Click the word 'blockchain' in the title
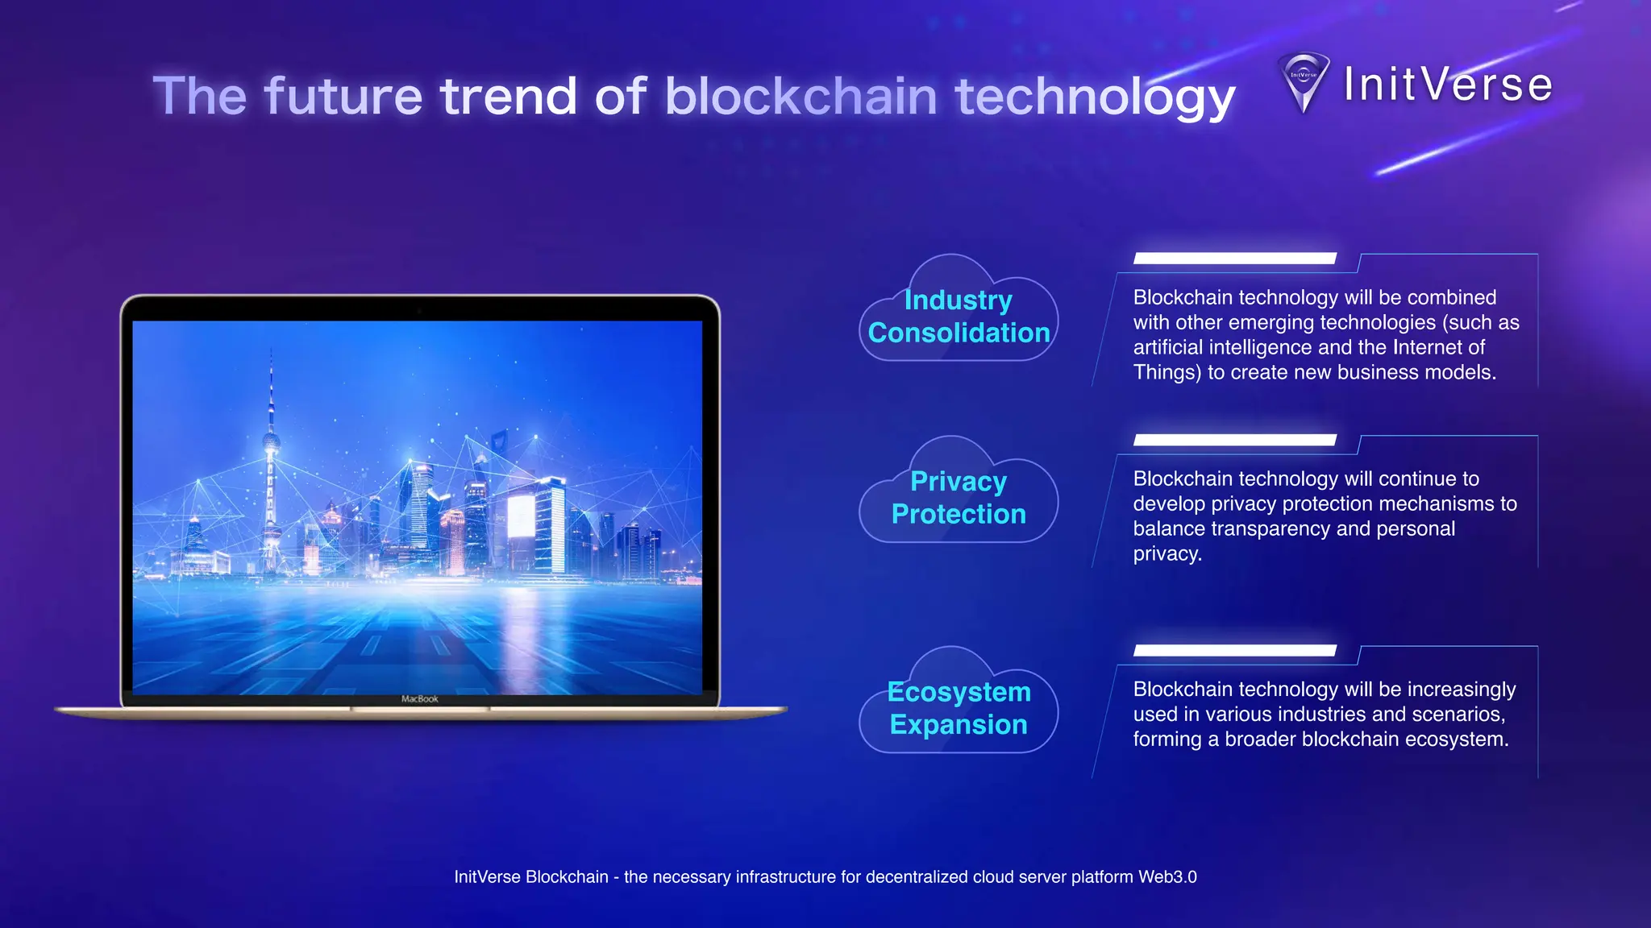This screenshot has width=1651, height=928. click(801, 96)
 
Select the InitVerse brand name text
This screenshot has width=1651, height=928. click(1448, 85)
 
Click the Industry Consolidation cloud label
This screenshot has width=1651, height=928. click(959, 317)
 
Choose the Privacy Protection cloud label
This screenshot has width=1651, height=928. click(959, 498)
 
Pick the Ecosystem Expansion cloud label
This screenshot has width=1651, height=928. click(959, 708)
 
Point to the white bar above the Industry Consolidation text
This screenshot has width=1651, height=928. click(1234, 259)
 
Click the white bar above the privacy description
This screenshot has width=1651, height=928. click(1234, 440)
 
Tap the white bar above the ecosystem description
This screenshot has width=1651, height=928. click(1234, 650)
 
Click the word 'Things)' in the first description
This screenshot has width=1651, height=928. click(1167, 372)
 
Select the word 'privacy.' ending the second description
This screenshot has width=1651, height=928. click(1167, 554)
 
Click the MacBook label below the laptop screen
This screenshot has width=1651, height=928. click(420, 699)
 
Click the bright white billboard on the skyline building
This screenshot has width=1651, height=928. click(520, 516)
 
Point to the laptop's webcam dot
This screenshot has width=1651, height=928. click(419, 309)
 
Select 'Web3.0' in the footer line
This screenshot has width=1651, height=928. click(1167, 877)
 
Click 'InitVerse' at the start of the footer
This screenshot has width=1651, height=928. click(487, 877)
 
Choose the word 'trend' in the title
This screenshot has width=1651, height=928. click(509, 96)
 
